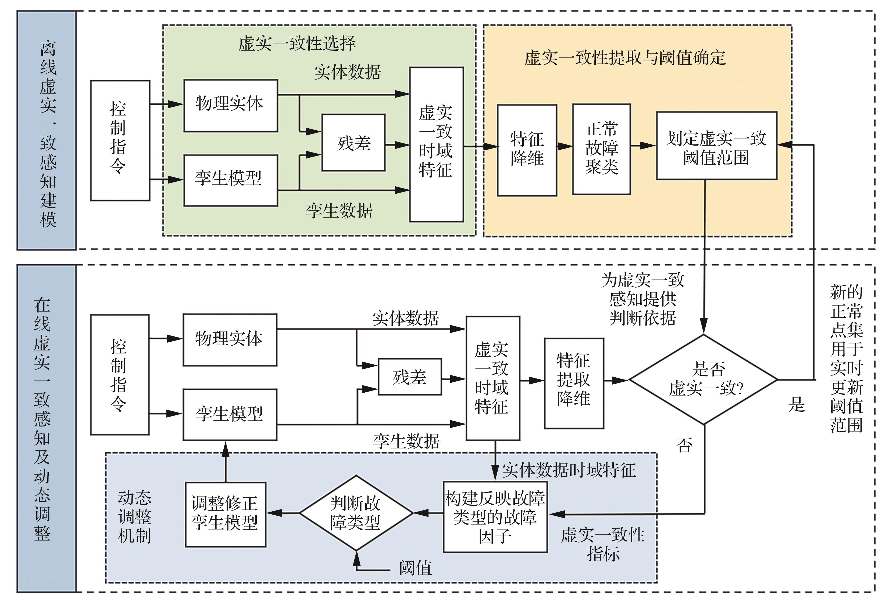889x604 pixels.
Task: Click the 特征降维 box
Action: click(x=527, y=150)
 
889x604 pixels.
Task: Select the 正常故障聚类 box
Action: click(x=601, y=149)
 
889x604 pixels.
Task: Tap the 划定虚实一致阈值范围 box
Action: click(x=716, y=146)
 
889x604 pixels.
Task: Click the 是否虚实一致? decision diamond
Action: click(x=704, y=379)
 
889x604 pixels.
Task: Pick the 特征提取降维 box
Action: click(x=574, y=383)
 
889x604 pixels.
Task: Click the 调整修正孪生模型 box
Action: click(x=225, y=514)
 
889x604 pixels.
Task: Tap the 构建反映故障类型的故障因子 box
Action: click(x=495, y=517)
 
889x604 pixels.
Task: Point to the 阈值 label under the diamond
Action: click(x=415, y=568)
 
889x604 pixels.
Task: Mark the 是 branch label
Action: click(x=797, y=404)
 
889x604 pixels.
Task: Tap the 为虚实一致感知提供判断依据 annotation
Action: click(x=643, y=299)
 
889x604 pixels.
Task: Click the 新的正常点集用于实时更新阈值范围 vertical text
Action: click(x=846, y=358)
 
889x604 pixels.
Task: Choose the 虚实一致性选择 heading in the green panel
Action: click(x=297, y=44)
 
